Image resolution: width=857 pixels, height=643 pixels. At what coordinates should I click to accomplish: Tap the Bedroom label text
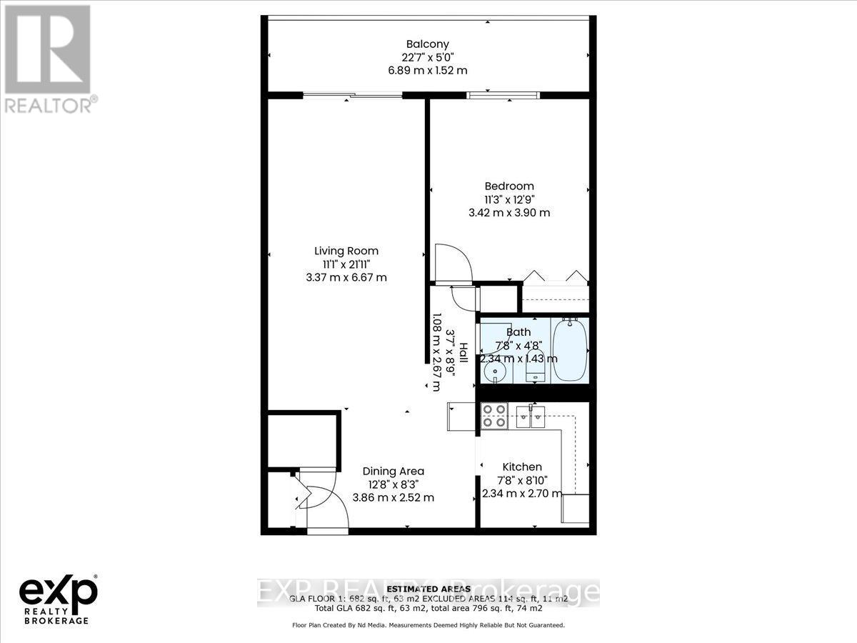(x=509, y=186)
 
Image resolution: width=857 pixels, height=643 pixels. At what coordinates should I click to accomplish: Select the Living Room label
(x=346, y=251)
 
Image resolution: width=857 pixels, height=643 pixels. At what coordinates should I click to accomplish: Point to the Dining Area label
(x=393, y=472)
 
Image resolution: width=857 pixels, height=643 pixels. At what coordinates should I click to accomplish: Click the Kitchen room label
(x=521, y=467)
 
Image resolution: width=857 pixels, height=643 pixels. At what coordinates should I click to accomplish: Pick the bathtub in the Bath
(x=569, y=350)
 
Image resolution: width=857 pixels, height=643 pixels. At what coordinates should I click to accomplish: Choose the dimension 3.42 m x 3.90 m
(x=509, y=213)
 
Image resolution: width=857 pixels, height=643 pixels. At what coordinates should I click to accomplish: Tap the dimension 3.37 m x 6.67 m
(x=346, y=277)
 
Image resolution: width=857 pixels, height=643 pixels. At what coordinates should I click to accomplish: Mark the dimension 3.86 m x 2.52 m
(x=393, y=497)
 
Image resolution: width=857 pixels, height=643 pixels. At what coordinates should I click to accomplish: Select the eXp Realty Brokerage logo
(x=58, y=597)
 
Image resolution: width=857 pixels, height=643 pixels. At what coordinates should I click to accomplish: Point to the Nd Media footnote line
(x=428, y=625)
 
